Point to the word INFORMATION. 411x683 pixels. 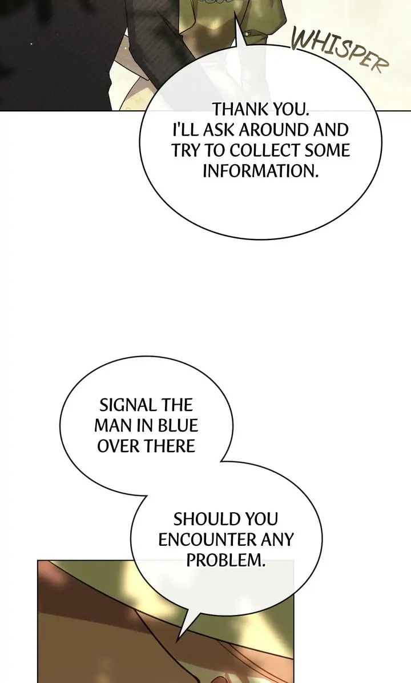point(260,171)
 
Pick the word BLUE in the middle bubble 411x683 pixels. point(178,426)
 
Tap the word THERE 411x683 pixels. point(170,446)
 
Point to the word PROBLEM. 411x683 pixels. point(226,560)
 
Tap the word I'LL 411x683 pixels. point(184,130)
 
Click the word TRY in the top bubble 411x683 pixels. point(185,150)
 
